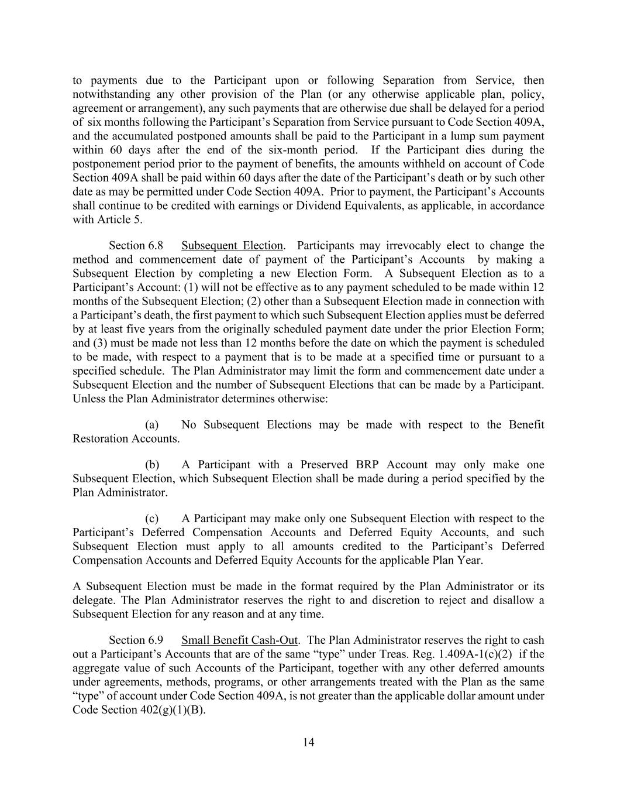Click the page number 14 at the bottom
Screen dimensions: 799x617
[309, 743]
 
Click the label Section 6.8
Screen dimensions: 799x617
[136, 245]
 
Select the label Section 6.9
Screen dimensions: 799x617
[136, 640]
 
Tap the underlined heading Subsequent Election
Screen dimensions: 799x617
[232, 245]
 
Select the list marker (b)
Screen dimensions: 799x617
[152, 464]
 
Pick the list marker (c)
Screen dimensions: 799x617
[152, 518]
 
